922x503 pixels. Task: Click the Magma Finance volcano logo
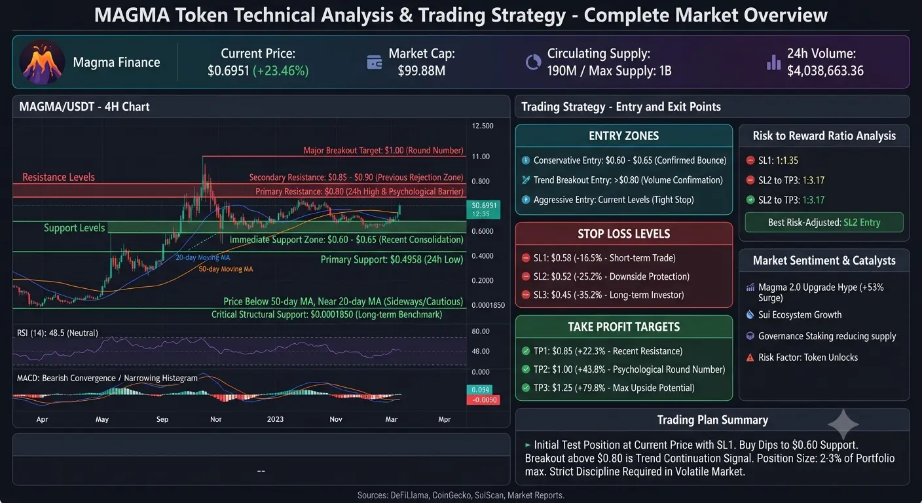(x=42, y=62)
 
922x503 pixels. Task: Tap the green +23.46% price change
(x=280, y=71)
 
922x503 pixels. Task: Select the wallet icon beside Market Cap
(x=374, y=62)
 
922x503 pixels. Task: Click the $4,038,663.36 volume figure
(x=825, y=71)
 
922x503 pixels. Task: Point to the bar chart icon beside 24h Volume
(x=773, y=62)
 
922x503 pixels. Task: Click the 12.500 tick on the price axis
(x=483, y=126)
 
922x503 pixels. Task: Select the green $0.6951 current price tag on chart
(x=483, y=209)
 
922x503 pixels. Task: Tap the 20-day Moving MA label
(x=202, y=257)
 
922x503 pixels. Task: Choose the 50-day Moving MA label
(x=225, y=269)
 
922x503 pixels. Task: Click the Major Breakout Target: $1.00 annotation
(x=383, y=151)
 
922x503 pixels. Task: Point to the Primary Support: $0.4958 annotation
(x=392, y=260)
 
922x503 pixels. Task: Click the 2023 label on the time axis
(x=275, y=419)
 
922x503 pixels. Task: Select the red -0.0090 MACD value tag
(x=483, y=400)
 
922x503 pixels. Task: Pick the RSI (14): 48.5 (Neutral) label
(x=57, y=333)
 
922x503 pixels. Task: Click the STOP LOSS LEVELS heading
(x=623, y=234)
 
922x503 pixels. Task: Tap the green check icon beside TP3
(x=526, y=388)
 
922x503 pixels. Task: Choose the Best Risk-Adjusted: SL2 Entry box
(x=824, y=223)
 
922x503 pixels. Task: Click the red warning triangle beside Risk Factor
(x=750, y=358)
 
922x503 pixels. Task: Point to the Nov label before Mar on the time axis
(x=336, y=419)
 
